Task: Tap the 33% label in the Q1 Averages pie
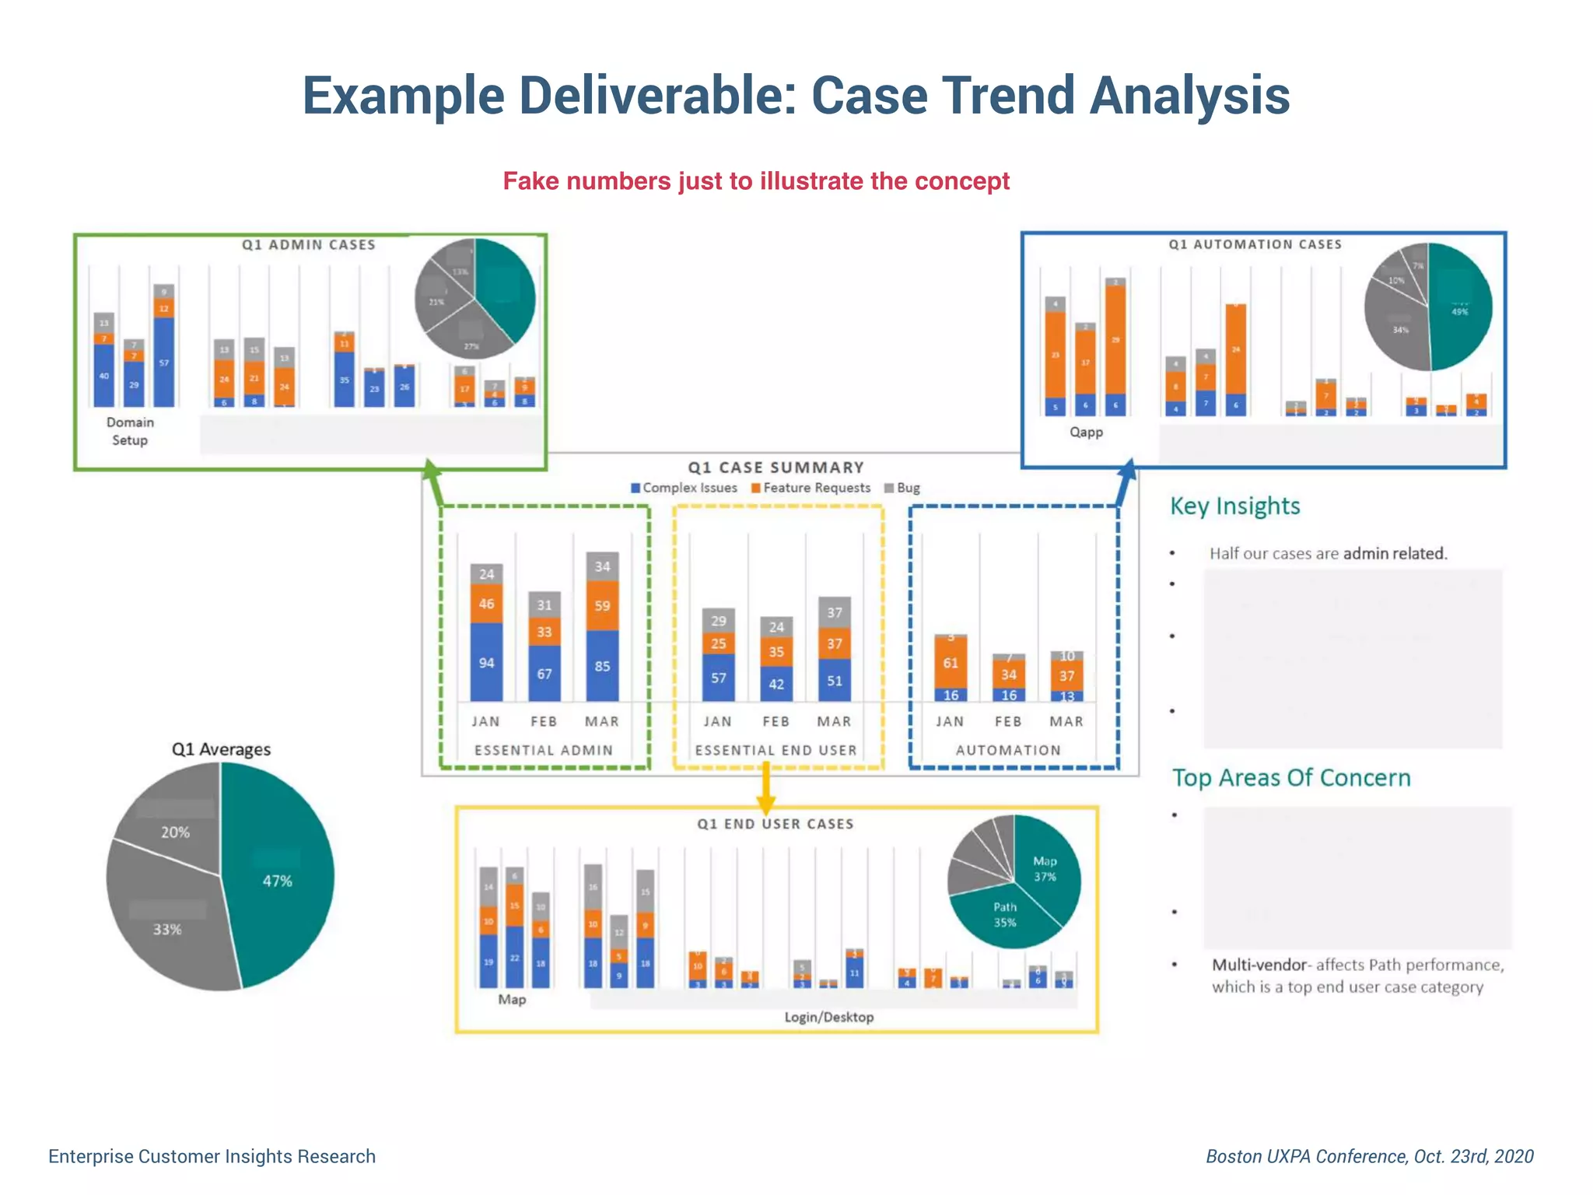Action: (167, 929)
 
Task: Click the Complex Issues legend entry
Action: (684, 488)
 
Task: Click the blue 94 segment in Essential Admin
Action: (486, 662)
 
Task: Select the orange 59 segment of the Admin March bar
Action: (602, 605)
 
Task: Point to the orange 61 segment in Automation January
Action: (951, 662)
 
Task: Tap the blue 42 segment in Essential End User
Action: (776, 684)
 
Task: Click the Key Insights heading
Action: (1234, 506)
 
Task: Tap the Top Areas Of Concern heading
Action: (1291, 778)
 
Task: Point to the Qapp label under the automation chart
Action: (1086, 432)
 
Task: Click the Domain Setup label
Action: (130, 431)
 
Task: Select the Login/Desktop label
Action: (828, 1017)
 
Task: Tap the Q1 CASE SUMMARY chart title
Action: (775, 468)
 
